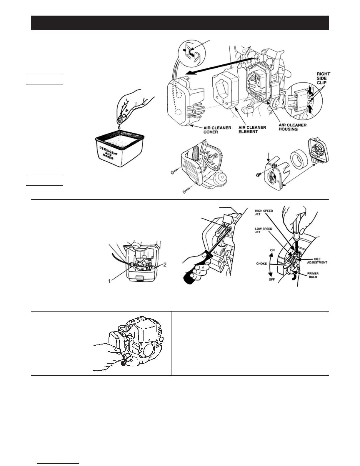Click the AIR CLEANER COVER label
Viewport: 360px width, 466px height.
coord(217,130)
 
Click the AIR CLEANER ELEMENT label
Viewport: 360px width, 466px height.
coord(252,129)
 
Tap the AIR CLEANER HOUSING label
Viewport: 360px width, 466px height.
coord(292,127)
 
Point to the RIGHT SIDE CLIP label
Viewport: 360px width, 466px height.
coord(323,79)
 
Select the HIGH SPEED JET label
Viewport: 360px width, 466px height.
coord(264,212)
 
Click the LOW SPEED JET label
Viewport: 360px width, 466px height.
coord(263,230)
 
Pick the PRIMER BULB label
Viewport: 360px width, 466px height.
coord(312,275)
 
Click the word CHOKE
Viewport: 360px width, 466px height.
coord(261,264)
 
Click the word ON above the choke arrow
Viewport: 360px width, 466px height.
coord(272,250)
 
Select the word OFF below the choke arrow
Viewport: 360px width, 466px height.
coord(271,279)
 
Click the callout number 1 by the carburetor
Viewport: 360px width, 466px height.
coord(110,281)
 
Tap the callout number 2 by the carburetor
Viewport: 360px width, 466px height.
coord(165,264)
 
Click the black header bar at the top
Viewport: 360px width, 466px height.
coord(180,23)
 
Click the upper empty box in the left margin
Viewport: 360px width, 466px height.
coord(44,79)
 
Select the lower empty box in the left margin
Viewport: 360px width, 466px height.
coord(44,180)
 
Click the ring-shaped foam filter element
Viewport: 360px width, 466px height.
coord(297,167)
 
